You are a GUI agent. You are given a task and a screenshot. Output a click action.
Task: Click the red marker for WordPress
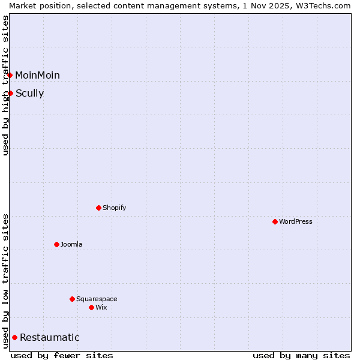[275, 221]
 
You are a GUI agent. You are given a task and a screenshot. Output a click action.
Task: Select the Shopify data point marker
[98, 208]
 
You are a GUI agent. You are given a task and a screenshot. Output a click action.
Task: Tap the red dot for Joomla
[56, 244]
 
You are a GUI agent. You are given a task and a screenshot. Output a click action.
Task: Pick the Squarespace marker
[72, 299]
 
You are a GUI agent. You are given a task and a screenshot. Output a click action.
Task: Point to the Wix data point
[91, 307]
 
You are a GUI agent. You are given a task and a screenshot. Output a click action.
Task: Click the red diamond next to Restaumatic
[14, 337]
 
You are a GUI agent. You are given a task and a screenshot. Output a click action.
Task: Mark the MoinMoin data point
[10, 75]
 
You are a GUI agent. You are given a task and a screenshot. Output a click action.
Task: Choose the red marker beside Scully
[10, 93]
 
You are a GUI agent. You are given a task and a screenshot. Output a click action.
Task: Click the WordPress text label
[296, 221]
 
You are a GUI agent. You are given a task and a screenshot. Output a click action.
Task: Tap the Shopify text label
[114, 208]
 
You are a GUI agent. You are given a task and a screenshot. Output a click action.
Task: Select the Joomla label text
[71, 244]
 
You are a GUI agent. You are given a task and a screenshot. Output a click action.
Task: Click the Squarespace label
[97, 299]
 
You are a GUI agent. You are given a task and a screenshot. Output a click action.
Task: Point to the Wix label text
[101, 307]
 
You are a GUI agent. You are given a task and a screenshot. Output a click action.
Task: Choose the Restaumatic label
[50, 337]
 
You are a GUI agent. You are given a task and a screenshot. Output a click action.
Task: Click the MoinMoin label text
[37, 75]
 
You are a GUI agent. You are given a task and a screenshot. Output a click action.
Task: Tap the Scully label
[29, 93]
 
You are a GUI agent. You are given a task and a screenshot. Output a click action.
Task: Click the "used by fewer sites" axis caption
[62, 355]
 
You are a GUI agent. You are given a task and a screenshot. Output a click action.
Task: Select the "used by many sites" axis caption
[301, 355]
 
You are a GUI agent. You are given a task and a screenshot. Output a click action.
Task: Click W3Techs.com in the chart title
[322, 5]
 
